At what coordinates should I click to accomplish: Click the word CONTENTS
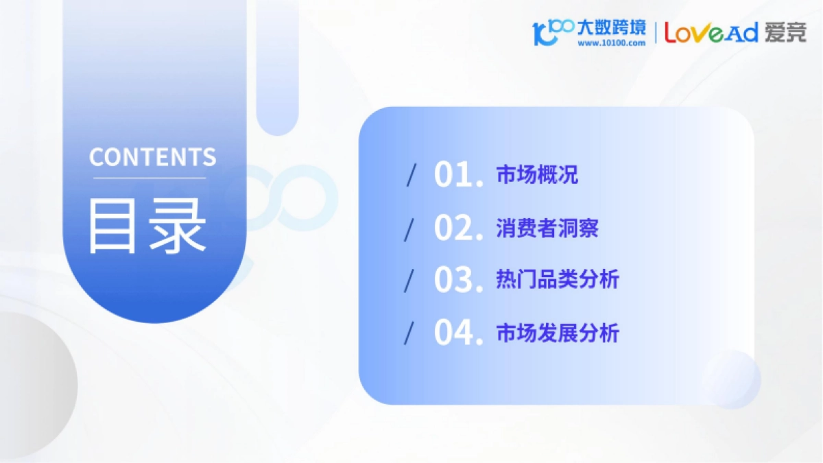[x=152, y=157]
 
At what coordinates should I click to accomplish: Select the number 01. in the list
[x=459, y=175]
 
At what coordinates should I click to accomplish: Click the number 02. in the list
[x=459, y=228]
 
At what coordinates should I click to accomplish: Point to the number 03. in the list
[x=459, y=280]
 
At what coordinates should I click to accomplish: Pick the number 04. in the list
[x=459, y=333]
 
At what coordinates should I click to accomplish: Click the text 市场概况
[x=537, y=175]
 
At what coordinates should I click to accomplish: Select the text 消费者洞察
[x=547, y=228]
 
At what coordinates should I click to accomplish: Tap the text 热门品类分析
[x=558, y=280]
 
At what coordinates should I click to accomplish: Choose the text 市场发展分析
[x=558, y=333]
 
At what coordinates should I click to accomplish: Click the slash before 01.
[x=411, y=175]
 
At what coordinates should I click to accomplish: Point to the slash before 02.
[x=411, y=228]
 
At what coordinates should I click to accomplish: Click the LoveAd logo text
[x=711, y=32]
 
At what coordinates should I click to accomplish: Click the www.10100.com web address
[x=612, y=43]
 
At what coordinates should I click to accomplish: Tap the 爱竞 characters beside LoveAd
[x=786, y=32]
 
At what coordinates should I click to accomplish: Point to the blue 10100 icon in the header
[x=552, y=32]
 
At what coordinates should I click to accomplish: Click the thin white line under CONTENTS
[x=150, y=178]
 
